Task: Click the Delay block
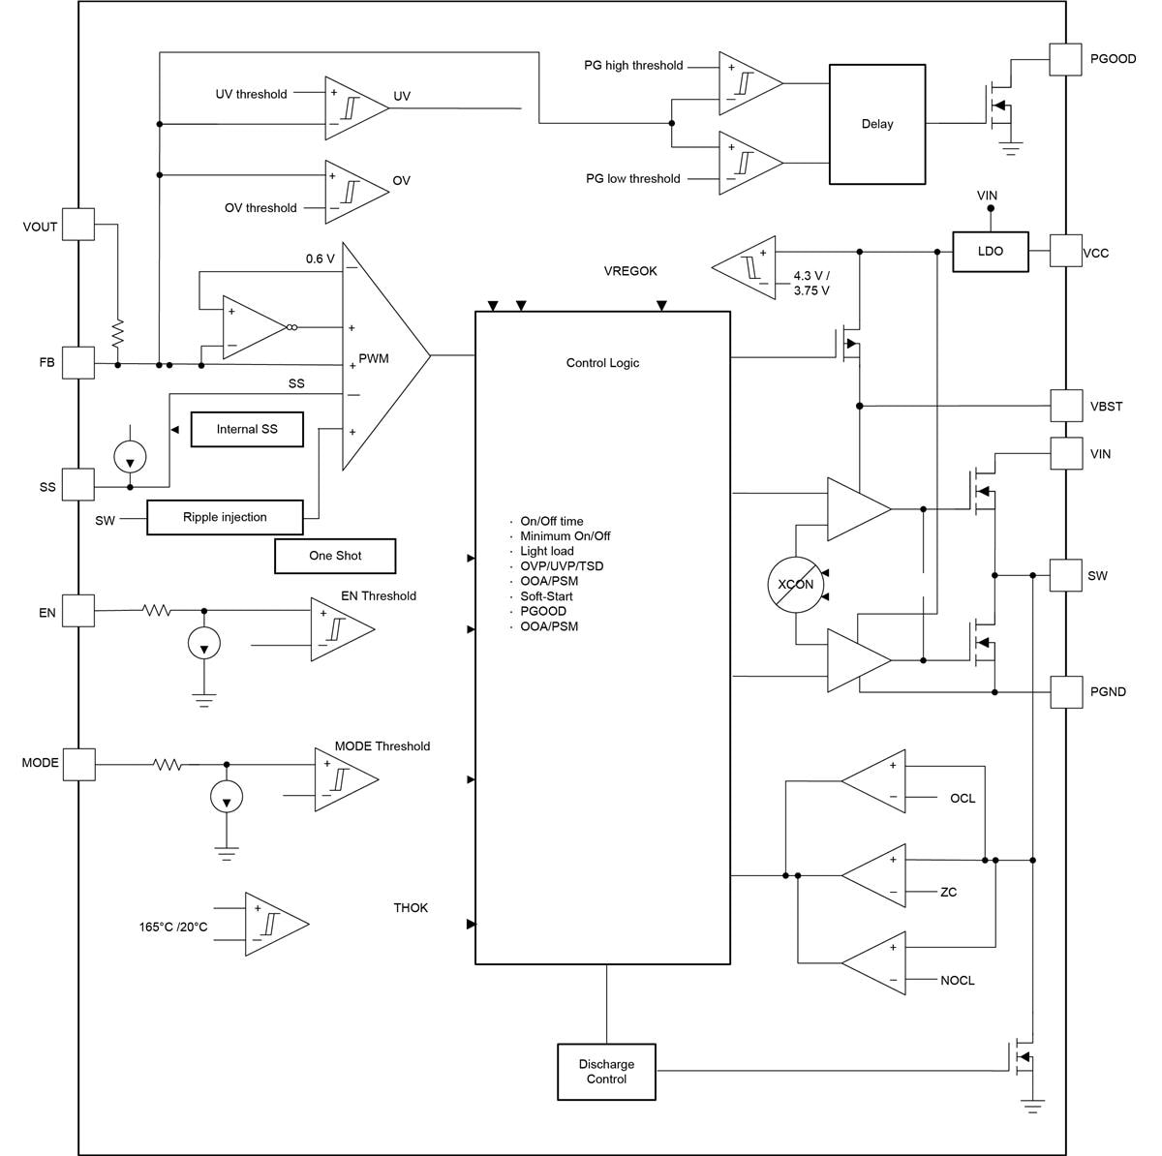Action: (876, 124)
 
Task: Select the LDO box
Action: (990, 251)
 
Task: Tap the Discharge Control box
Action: (606, 1072)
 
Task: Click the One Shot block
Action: (335, 556)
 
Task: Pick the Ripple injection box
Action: (225, 517)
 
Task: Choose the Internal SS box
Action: (247, 429)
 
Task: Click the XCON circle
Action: (796, 585)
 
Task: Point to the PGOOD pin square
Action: (1066, 59)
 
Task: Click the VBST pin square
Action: (1066, 406)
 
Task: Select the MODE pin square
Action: (78, 763)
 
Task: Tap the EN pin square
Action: (78, 612)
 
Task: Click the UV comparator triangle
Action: (352, 108)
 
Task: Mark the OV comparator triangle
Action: (352, 192)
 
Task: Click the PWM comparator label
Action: (374, 358)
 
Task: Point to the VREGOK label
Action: (630, 271)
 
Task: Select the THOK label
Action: (411, 908)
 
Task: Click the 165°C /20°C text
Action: (173, 927)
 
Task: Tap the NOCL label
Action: (957, 981)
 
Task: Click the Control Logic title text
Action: (602, 363)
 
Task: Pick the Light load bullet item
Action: (546, 551)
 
